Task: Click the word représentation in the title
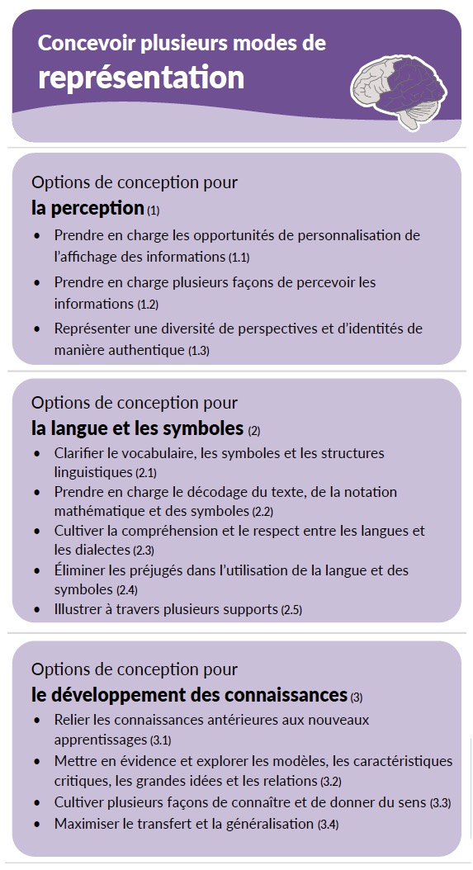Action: (x=141, y=77)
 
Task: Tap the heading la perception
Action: (x=88, y=207)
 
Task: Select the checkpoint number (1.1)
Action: (x=215, y=258)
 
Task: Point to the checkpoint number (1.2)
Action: (x=149, y=305)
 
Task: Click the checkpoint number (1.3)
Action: (x=199, y=351)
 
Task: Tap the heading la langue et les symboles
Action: (x=137, y=428)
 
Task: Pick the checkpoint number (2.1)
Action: (x=145, y=473)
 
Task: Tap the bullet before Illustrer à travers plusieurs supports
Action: (x=37, y=610)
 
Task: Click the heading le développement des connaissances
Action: (x=189, y=693)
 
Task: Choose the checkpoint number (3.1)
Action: (x=160, y=740)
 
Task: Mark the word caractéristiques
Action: (x=401, y=760)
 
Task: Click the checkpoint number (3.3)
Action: (x=440, y=801)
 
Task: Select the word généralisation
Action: (x=272, y=823)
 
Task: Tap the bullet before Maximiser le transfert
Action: (x=37, y=823)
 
